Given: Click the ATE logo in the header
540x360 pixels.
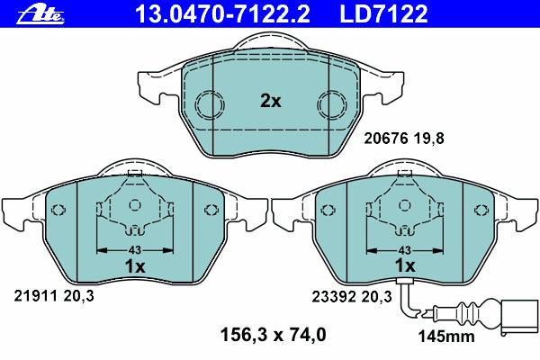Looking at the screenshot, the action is click(x=41, y=14).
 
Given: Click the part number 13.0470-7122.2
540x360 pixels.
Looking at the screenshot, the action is click(x=222, y=14).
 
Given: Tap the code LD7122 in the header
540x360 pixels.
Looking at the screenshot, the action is click(x=383, y=14).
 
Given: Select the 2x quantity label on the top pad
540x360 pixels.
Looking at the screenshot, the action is click(x=270, y=101).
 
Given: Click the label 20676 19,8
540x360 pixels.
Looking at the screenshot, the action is click(x=404, y=139).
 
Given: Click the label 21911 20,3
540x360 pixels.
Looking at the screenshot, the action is click(x=54, y=296).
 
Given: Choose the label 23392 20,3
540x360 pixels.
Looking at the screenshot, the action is click(x=352, y=296).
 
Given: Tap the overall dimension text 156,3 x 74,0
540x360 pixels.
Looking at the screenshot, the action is click(x=273, y=335).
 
